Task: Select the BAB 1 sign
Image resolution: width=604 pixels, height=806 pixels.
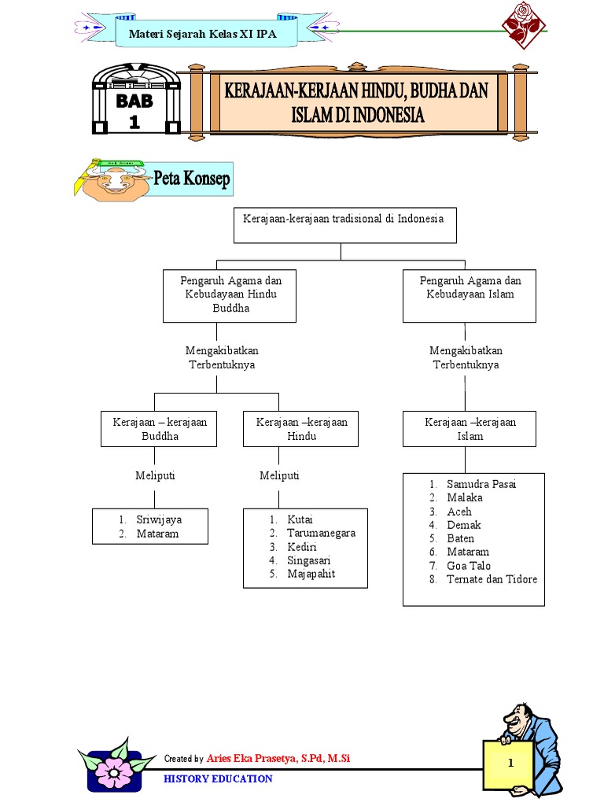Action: (134, 109)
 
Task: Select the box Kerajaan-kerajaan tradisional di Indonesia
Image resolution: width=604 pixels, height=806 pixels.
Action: (343, 225)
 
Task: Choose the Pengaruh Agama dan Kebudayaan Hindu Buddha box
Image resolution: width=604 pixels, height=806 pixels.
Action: (230, 295)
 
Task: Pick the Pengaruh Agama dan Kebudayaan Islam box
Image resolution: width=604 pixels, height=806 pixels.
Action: (470, 295)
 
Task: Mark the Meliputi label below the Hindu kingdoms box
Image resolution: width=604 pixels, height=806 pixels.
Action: (279, 475)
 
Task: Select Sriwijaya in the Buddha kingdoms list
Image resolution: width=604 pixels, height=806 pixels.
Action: (158, 519)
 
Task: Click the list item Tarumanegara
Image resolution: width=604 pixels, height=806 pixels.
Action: (321, 533)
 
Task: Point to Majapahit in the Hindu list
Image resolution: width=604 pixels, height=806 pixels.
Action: (311, 574)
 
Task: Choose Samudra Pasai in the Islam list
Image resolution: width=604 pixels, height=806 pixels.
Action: (481, 484)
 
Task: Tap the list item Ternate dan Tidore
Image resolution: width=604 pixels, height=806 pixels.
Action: (492, 579)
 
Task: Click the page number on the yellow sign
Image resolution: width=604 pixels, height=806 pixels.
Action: (510, 763)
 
